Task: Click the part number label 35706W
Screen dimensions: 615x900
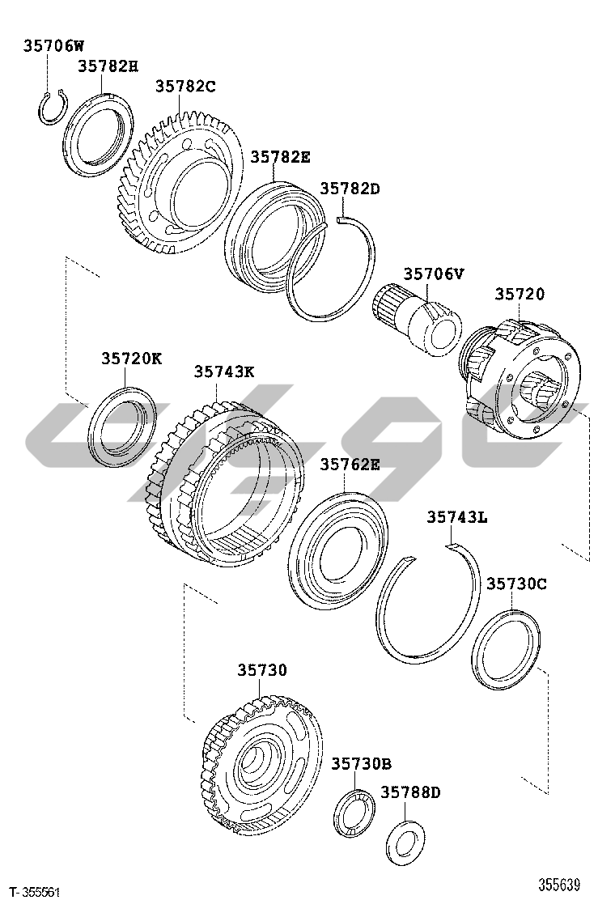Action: [x=53, y=45]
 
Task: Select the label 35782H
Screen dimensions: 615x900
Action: [x=108, y=66]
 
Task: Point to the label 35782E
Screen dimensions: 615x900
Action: [x=280, y=157]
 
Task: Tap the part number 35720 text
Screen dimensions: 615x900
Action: [x=520, y=294]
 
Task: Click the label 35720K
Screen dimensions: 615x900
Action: [x=132, y=359]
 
